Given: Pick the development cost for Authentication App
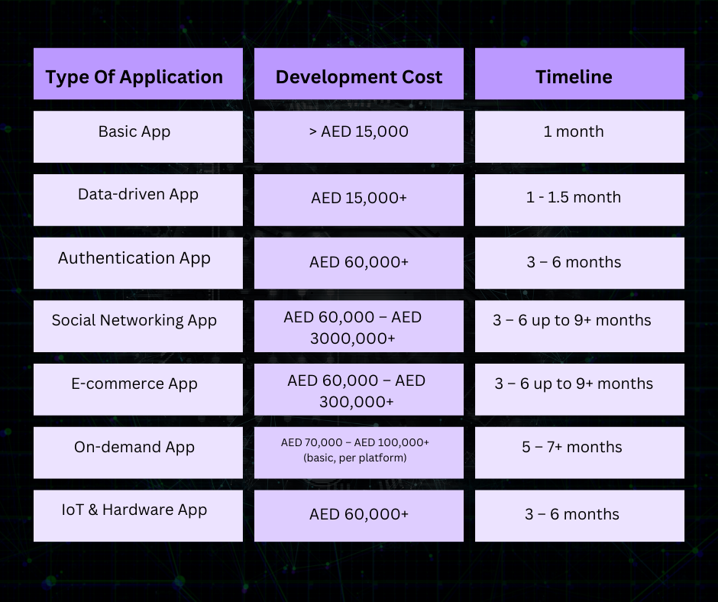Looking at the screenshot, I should point(358,263).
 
